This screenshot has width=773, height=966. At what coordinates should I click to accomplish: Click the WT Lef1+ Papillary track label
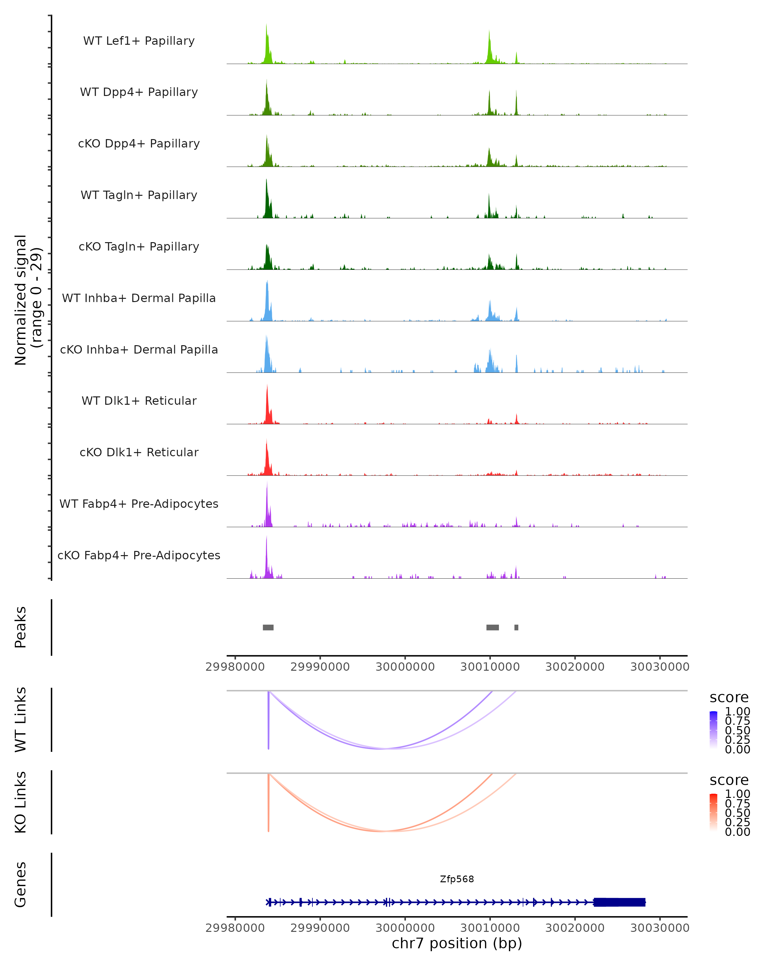[x=139, y=41]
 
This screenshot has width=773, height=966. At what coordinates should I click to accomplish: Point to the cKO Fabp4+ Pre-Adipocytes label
[x=139, y=555]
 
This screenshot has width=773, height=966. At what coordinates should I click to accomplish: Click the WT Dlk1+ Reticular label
[x=139, y=401]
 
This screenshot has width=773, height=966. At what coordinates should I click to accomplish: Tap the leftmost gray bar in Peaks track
[x=268, y=627]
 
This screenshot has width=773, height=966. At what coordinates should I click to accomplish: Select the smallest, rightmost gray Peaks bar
[x=516, y=627]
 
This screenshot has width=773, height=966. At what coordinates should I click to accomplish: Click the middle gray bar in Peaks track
[x=492, y=627]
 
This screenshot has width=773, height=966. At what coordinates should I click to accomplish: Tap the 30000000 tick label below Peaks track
[x=405, y=667]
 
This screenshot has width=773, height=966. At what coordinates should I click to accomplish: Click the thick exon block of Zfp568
[x=619, y=902]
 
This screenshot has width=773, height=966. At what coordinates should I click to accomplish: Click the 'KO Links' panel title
[x=21, y=802]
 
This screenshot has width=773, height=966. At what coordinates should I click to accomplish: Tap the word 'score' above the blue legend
[x=729, y=698]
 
